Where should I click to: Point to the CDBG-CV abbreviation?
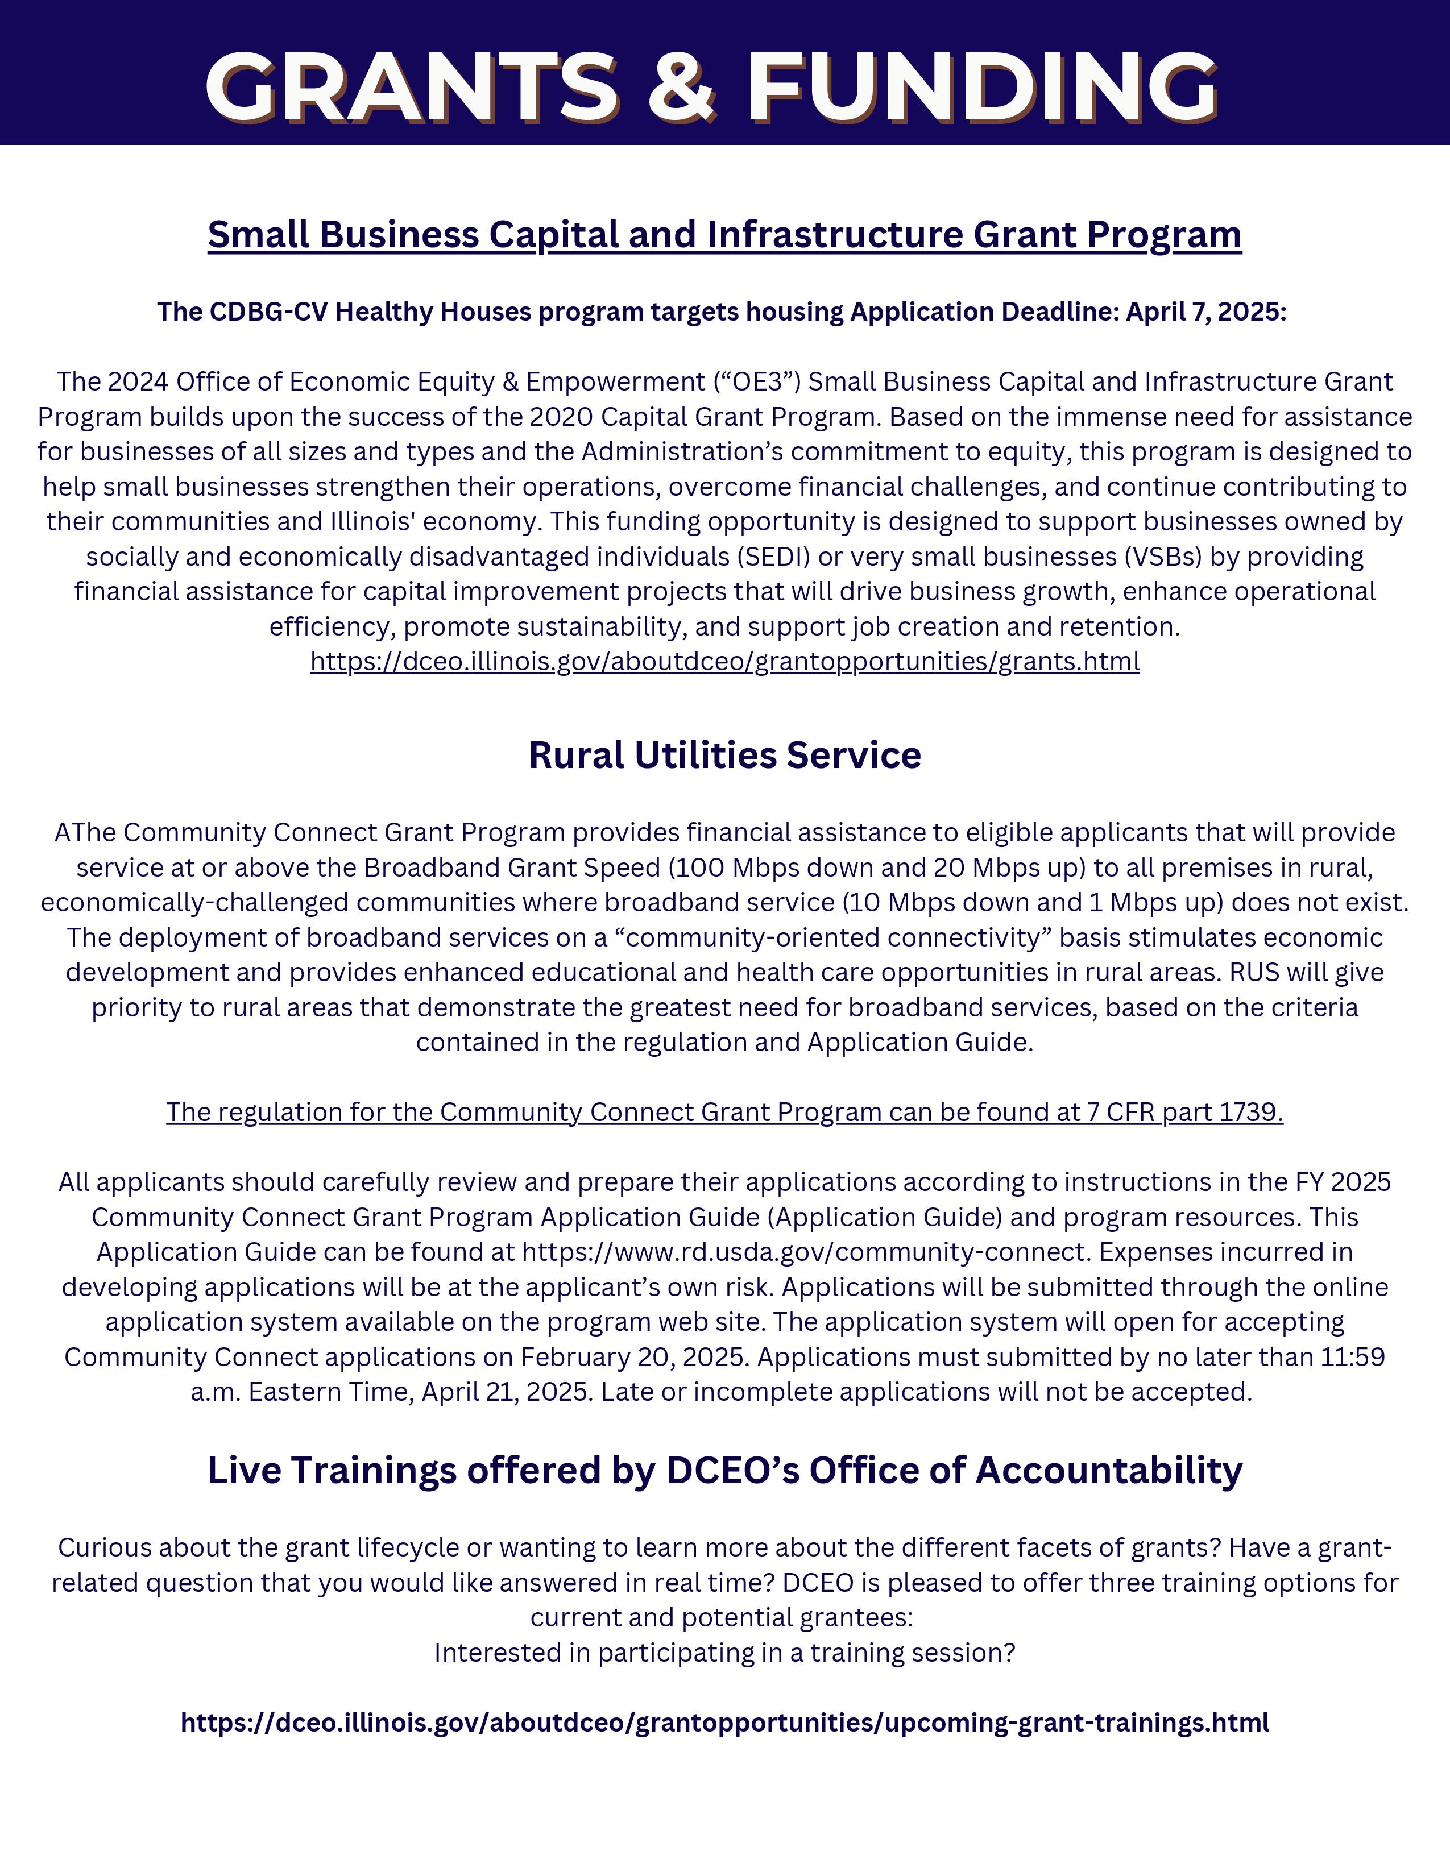pyautogui.click(x=268, y=312)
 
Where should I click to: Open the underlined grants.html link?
pyautogui.click(x=724, y=661)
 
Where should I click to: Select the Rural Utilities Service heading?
pyautogui.click(x=724, y=755)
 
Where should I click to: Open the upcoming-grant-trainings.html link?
pyautogui.click(x=724, y=1723)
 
